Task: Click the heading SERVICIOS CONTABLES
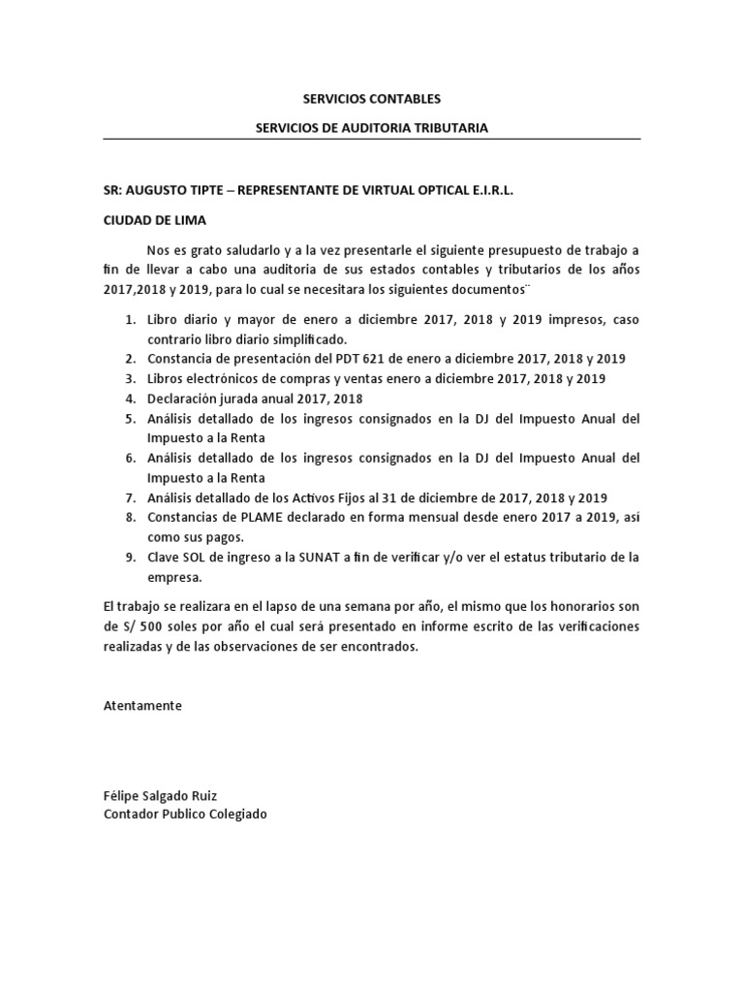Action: (372, 99)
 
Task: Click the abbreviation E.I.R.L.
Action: (490, 192)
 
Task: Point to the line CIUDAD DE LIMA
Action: (155, 220)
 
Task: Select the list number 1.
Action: (130, 319)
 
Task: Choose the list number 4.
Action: (130, 398)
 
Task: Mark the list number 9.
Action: (130, 557)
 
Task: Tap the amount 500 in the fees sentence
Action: (138, 627)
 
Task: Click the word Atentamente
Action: (142, 706)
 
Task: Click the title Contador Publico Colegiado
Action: (185, 815)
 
